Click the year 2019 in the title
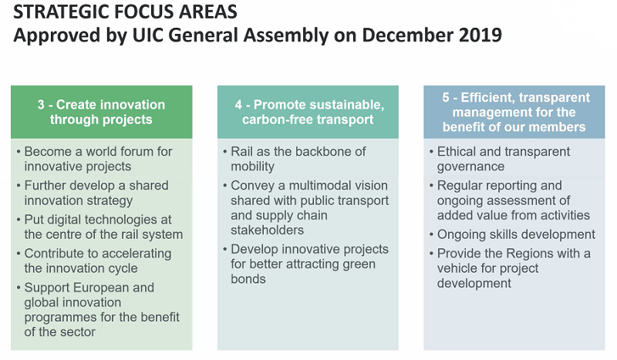coord(480,35)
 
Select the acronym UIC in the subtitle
coord(147,35)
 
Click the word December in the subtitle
coord(407,35)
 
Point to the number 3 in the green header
coord(41,105)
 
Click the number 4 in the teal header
coord(238,105)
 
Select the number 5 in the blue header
coord(446,97)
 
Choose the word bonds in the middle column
coord(248,279)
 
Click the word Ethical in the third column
coord(456,151)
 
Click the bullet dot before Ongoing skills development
coord(432,234)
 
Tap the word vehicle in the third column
coord(457,268)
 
